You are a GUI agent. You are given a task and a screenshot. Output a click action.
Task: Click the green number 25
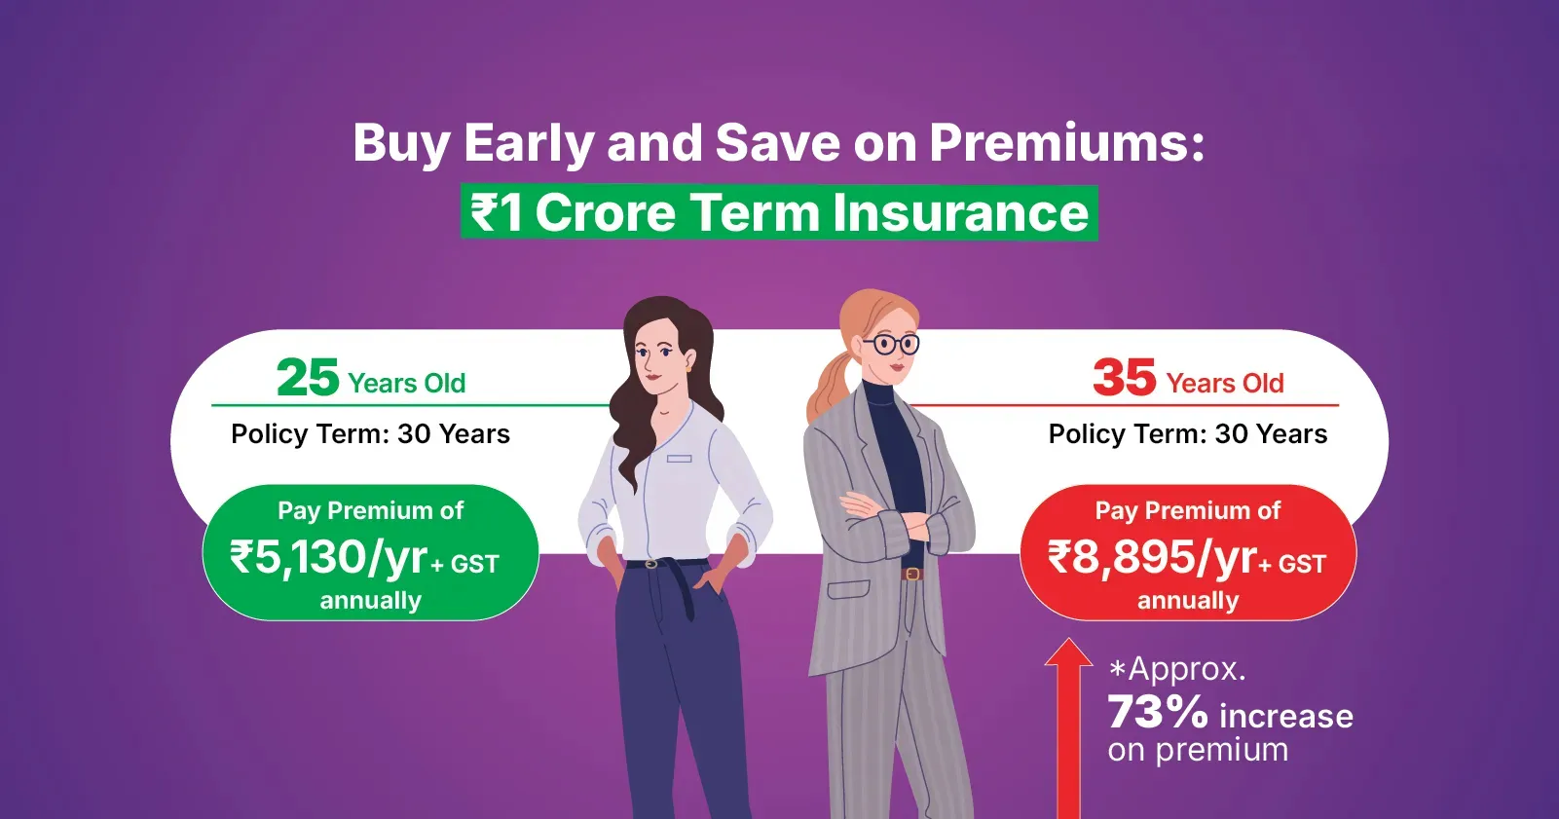(x=308, y=378)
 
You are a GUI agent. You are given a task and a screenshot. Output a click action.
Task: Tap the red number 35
(x=1124, y=378)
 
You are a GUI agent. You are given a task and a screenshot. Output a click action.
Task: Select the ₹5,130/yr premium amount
(x=328, y=558)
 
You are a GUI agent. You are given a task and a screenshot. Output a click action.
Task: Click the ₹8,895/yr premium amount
(x=1152, y=558)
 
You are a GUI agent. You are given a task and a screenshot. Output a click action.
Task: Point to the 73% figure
(x=1158, y=713)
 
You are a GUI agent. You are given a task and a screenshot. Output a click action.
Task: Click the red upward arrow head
(x=1068, y=653)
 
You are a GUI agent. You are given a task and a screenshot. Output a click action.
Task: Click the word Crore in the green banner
(x=605, y=213)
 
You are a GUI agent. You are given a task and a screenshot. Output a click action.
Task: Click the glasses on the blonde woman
(x=890, y=343)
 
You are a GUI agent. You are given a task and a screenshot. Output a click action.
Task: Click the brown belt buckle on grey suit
(x=912, y=574)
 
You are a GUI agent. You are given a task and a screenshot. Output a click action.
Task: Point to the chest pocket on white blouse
(x=680, y=459)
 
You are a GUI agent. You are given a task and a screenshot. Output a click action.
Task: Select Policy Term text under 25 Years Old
(x=370, y=434)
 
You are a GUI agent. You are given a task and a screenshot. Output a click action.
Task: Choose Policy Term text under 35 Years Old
(x=1188, y=434)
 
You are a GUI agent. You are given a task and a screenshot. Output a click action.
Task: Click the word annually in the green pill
(x=370, y=601)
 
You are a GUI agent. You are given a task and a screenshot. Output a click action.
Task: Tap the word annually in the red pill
(x=1188, y=601)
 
